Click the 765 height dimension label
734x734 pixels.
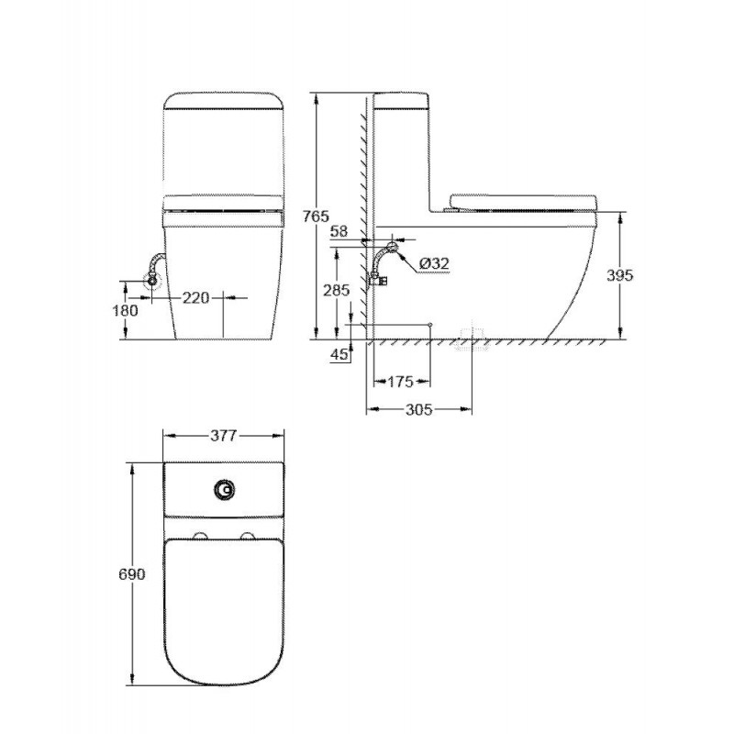316,217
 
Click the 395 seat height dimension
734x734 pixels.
620,275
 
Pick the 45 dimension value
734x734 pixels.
339,355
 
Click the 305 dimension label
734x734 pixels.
419,412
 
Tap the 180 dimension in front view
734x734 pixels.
127,310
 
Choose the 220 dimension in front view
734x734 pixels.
196,297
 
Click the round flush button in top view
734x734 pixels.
222,491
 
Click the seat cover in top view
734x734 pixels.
222,606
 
